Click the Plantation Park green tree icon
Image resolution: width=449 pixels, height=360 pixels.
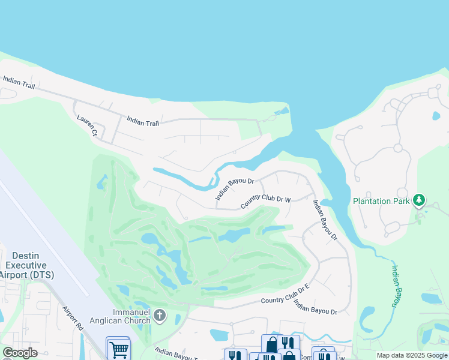420,200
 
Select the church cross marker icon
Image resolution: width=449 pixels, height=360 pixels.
159,315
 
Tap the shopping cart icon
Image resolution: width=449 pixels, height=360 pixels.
118,349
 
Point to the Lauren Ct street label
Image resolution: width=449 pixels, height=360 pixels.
87,125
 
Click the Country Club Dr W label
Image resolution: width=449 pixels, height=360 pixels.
265,202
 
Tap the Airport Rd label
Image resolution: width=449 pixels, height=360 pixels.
72,318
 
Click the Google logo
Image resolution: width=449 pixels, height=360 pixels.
20,353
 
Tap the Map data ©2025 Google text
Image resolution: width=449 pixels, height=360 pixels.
411,355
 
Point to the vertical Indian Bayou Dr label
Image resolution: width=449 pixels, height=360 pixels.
324,220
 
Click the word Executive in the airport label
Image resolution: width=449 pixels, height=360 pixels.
25,265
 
